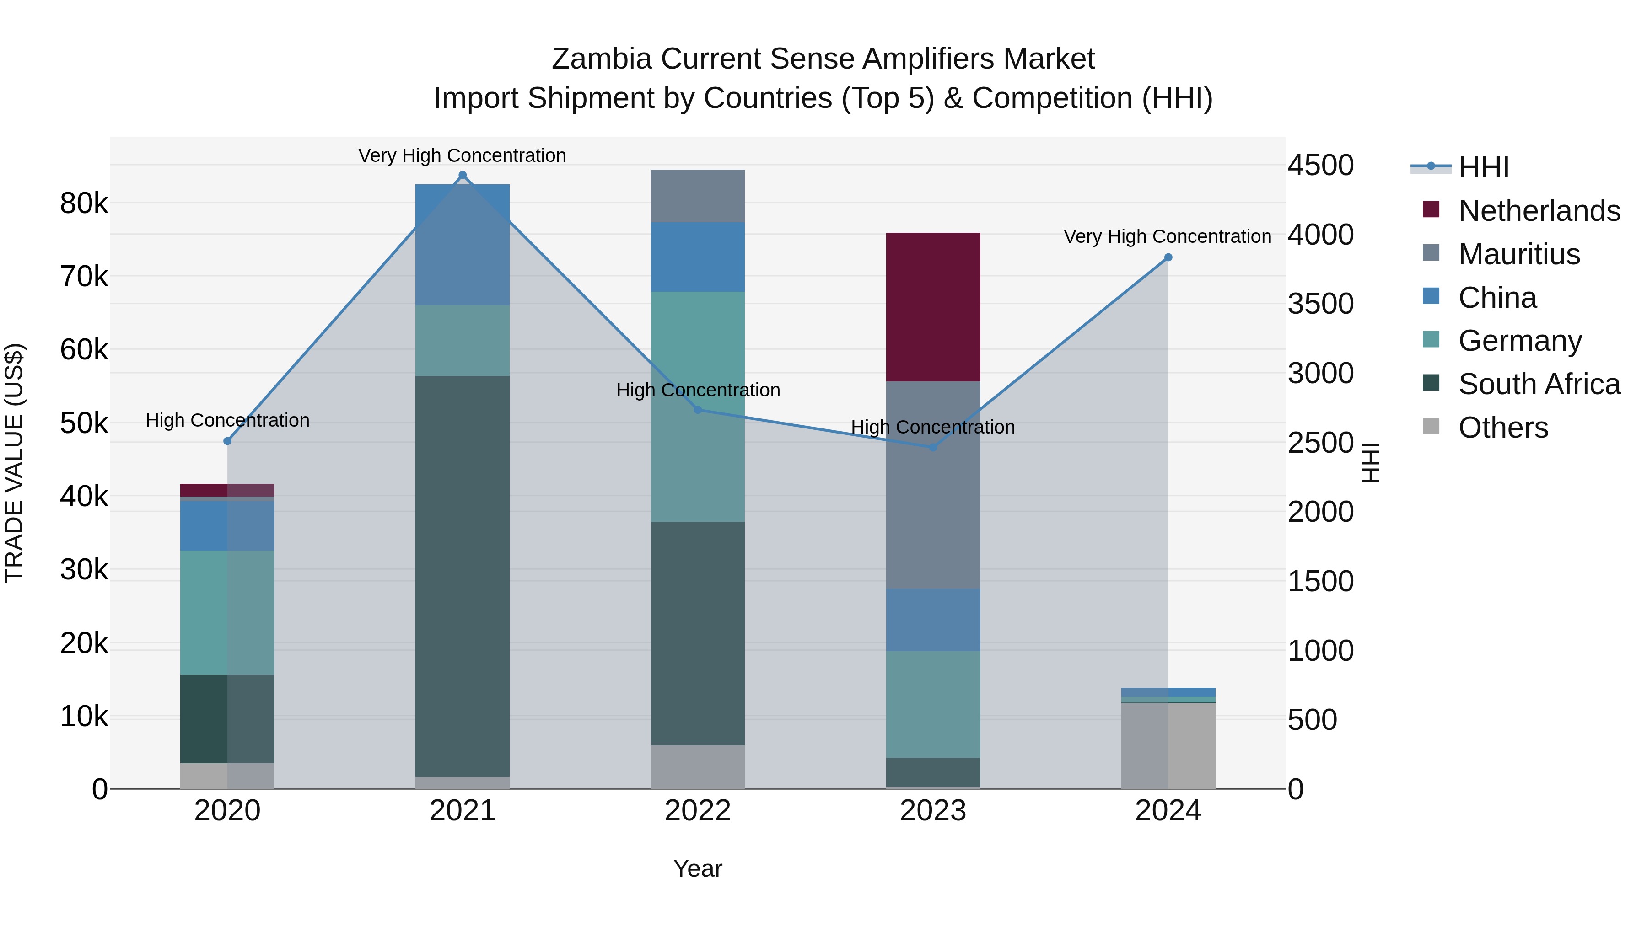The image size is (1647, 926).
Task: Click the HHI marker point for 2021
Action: coord(462,175)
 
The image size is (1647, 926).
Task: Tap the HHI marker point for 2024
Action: coord(1168,257)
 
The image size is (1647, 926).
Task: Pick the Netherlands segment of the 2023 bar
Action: coord(933,307)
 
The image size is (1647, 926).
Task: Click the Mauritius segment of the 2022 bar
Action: coord(698,196)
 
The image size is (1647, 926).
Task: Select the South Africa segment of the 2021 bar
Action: coord(462,575)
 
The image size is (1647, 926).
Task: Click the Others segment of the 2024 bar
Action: coord(1168,745)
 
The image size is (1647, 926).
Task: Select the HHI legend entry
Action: coord(1483,167)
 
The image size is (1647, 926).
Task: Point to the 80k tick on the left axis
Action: coord(84,204)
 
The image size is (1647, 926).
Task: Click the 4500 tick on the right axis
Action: coord(1320,166)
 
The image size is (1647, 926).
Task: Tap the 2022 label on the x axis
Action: coord(698,811)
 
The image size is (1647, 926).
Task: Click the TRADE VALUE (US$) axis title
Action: coord(14,463)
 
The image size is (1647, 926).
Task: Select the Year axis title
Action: coord(698,868)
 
